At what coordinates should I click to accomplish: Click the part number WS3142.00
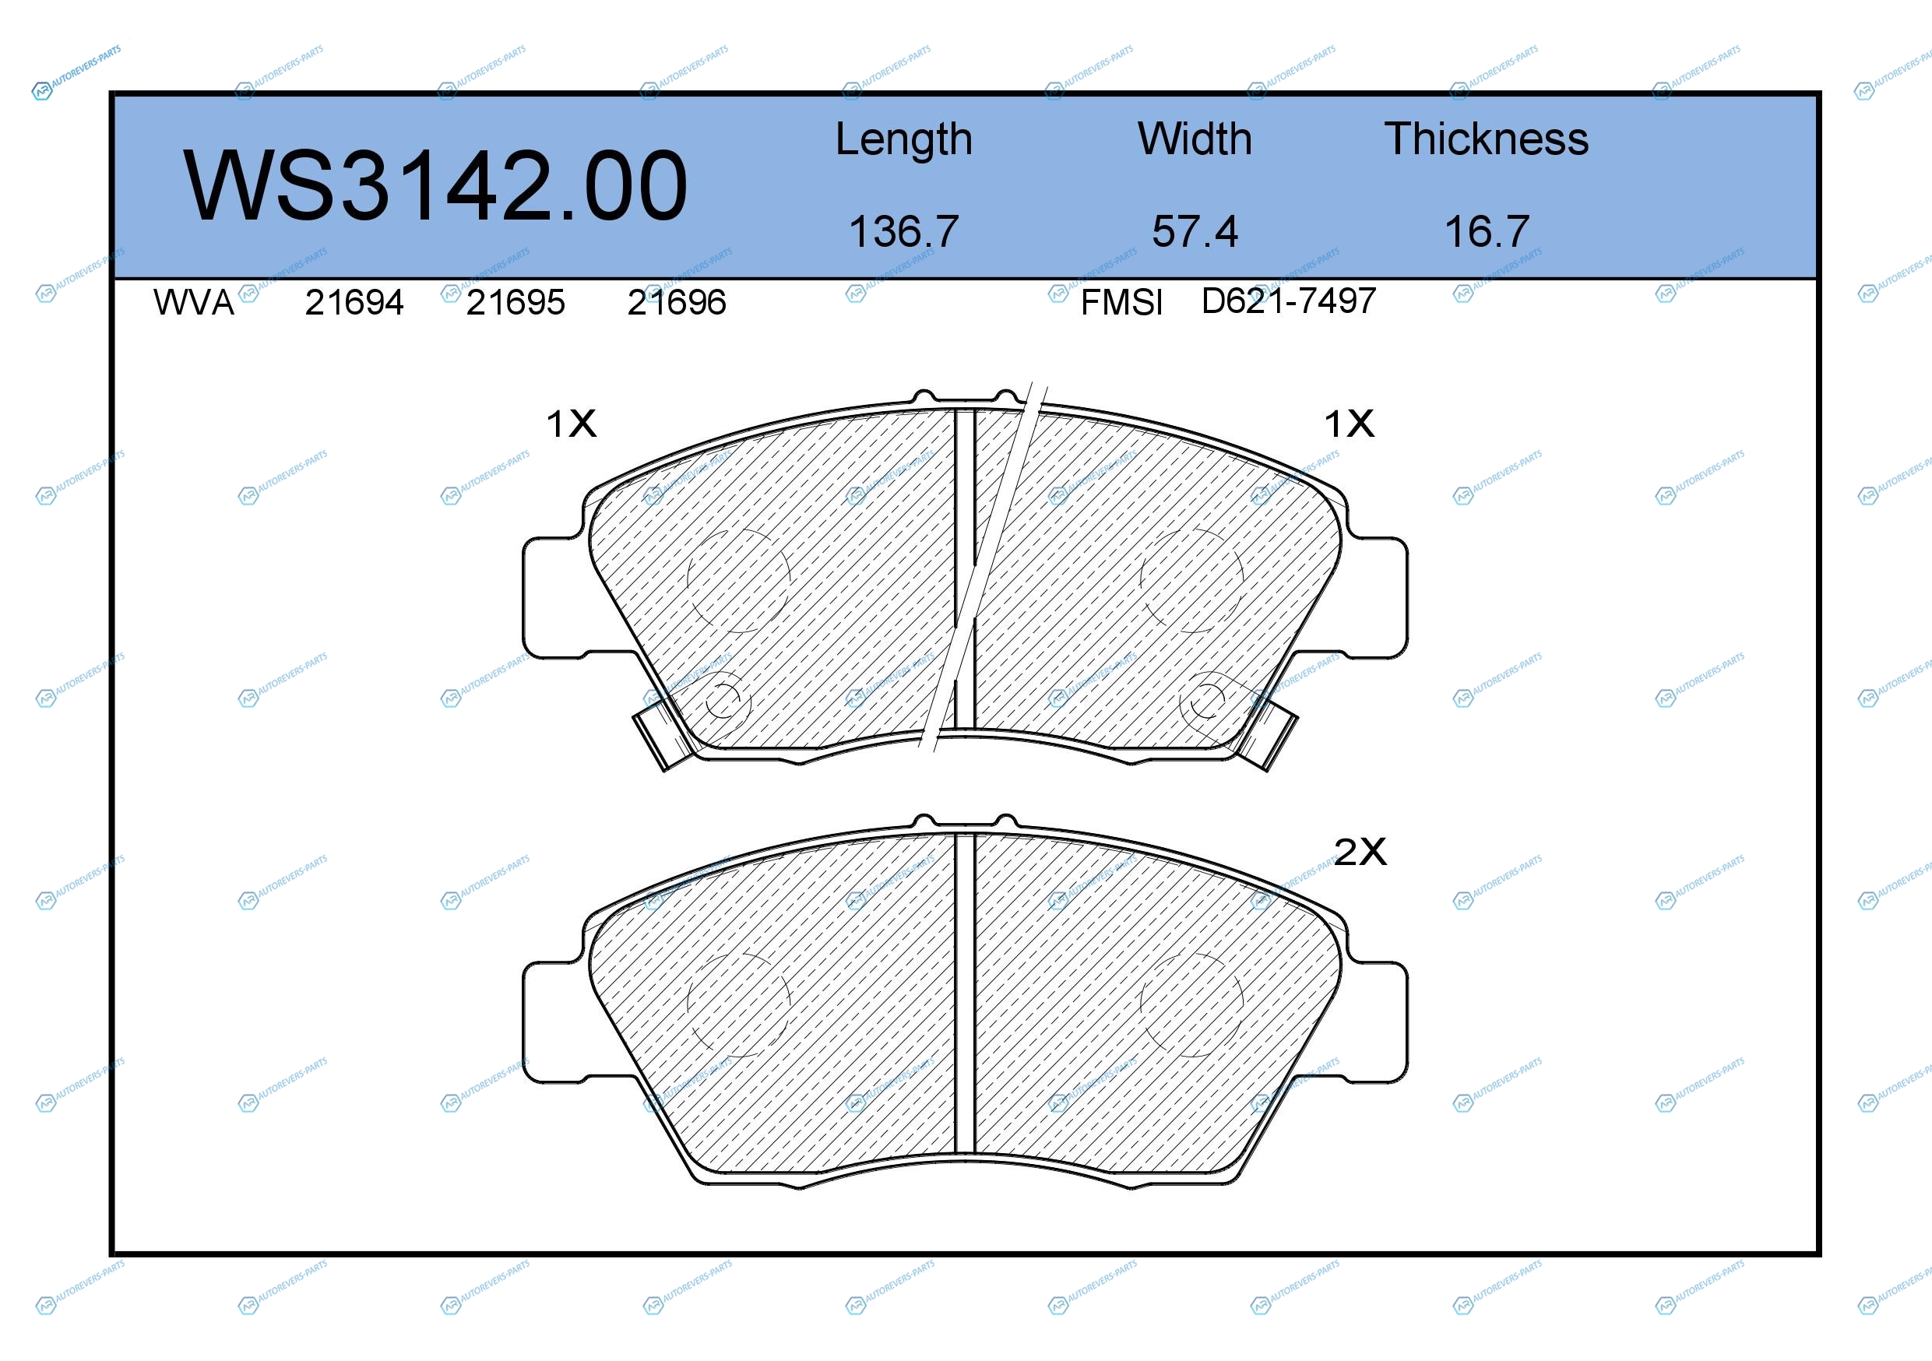[x=435, y=185]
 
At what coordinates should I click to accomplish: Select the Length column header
[x=904, y=139]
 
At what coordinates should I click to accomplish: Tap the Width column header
[x=1195, y=139]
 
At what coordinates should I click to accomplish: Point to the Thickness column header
[x=1486, y=139]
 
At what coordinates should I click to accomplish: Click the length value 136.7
[x=904, y=231]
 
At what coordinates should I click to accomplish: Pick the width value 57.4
[x=1195, y=231]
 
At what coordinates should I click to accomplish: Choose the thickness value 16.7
[x=1487, y=231]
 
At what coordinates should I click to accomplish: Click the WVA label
[x=194, y=303]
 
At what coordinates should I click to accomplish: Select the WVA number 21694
[x=354, y=303]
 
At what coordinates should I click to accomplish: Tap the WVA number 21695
[x=516, y=303]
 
